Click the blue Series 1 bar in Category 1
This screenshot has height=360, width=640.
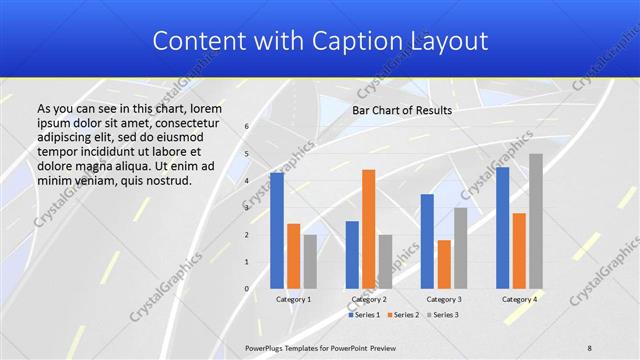(x=277, y=231)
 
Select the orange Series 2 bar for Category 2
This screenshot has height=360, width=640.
(x=369, y=229)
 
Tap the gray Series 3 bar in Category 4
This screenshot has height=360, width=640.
(x=536, y=221)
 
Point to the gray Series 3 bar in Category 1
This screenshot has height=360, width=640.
(x=310, y=262)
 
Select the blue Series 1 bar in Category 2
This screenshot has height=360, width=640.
(x=352, y=255)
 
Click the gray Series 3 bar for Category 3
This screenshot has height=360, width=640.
(x=460, y=248)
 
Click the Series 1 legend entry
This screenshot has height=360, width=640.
(x=364, y=315)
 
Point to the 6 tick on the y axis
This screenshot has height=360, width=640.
(x=248, y=127)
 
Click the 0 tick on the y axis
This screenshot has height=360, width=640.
(x=248, y=289)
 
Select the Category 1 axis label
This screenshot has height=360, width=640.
(x=293, y=299)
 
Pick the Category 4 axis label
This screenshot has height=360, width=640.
(x=519, y=299)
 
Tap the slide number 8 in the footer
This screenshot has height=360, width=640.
(x=590, y=347)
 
